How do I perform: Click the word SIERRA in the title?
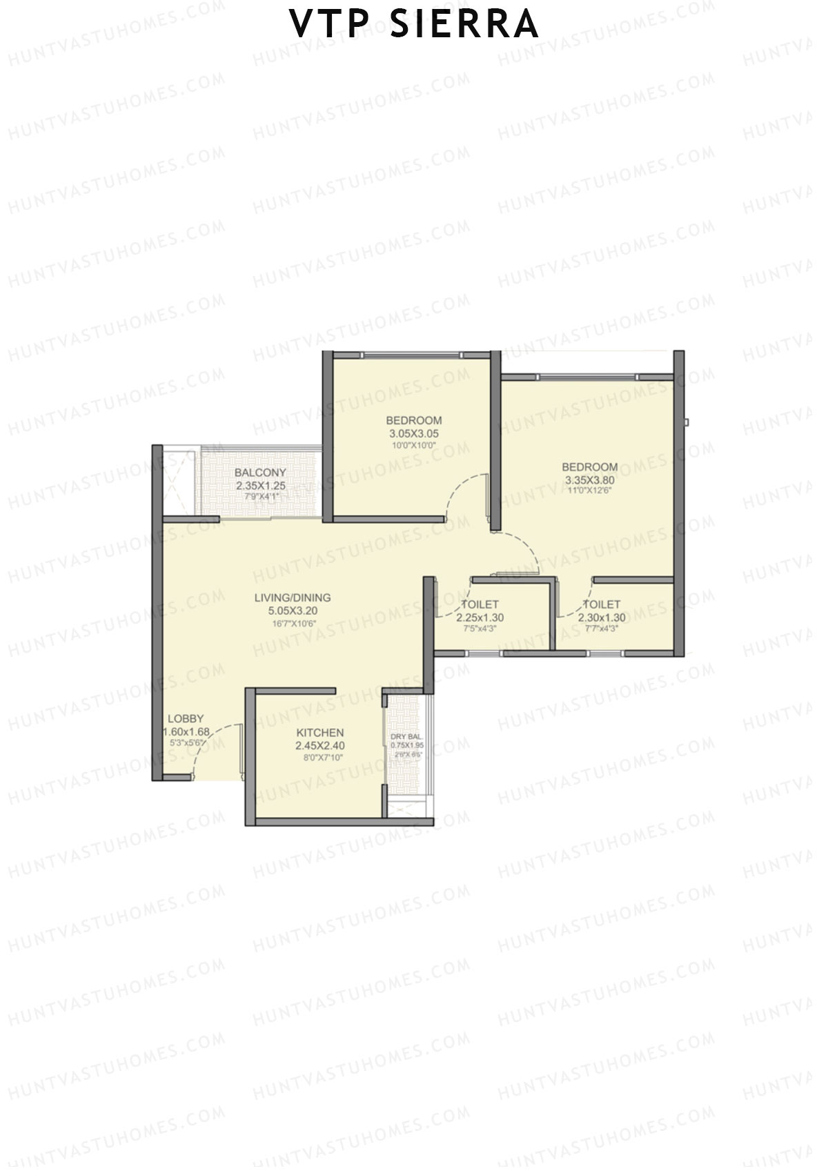[464, 24]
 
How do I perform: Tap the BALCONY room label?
[260, 473]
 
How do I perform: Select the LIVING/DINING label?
[293, 598]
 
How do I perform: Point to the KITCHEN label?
[319, 732]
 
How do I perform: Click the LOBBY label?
[186, 718]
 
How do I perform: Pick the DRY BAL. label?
[406, 737]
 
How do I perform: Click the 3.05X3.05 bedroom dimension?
[414, 434]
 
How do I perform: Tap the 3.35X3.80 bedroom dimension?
[589, 480]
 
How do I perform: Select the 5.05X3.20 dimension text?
[293, 611]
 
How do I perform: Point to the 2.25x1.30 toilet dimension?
[480, 618]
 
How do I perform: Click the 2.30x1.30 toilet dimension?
[602, 618]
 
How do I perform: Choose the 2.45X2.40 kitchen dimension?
[319, 745]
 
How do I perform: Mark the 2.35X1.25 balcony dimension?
[260, 486]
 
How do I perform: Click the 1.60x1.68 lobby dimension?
[186, 731]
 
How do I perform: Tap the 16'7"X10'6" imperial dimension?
[293, 624]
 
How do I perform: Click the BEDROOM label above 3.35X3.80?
[589, 467]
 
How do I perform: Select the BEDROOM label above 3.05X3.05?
[414, 420]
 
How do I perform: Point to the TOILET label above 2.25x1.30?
[480, 604]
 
